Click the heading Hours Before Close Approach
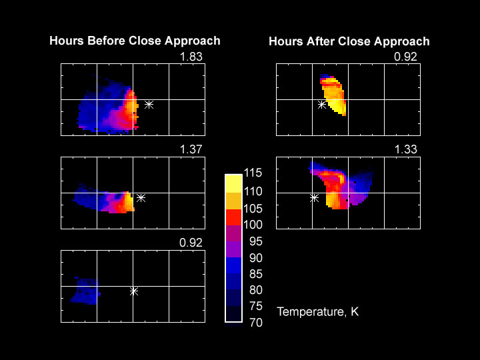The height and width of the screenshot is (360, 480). coord(135,41)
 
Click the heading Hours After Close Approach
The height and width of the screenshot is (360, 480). coord(349,41)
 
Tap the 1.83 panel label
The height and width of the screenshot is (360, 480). coord(191,57)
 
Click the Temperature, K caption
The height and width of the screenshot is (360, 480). coord(318,311)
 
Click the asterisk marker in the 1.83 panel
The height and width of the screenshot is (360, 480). coord(149,105)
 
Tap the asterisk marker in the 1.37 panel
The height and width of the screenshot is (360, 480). coord(141,197)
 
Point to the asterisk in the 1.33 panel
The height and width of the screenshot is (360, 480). coord(314,197)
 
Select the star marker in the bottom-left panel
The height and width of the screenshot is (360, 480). coord(133,291)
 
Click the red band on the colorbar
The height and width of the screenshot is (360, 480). coord(233,216)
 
